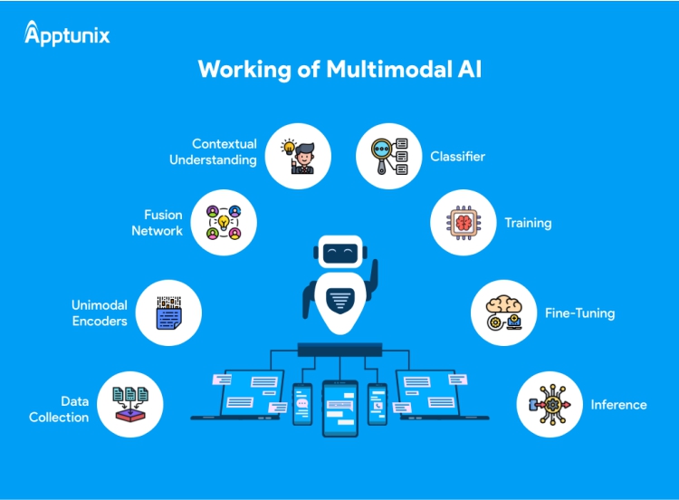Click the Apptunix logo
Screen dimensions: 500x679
click(67, 35)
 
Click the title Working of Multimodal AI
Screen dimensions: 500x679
click(339, 70)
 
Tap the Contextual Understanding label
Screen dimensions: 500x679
click(225, 152)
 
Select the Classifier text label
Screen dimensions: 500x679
click(457, 156)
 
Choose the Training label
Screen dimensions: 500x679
click(528, 222)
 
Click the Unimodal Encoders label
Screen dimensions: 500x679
click(100, 313)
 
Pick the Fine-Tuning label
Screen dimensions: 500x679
click(579, 312)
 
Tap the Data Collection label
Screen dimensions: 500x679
click(59, 409)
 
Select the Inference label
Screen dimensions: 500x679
click(618, 405)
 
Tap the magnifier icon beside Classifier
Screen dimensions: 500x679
click(388, 156)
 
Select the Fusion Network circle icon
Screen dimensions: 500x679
click(225, 223)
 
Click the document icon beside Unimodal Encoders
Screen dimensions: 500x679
click(168, 313)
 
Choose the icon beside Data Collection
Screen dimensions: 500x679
click(130, 405)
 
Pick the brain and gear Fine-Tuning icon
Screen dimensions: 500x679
click(504, 313)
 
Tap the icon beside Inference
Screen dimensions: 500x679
click(549, 405)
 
